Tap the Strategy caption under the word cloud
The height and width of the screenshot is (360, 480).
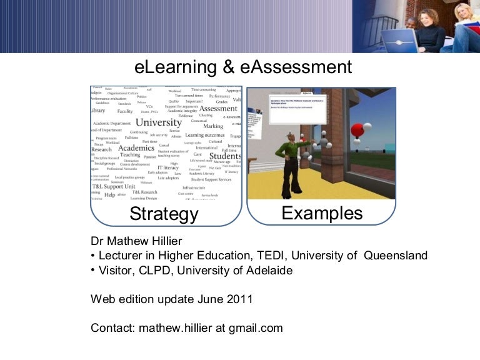164,214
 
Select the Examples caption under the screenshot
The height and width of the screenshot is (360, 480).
322,214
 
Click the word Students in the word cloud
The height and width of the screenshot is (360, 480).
225,156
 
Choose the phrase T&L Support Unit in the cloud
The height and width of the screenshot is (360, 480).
113,186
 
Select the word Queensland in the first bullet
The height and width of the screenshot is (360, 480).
396,256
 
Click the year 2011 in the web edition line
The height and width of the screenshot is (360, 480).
240,298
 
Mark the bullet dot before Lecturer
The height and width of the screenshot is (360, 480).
93,256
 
